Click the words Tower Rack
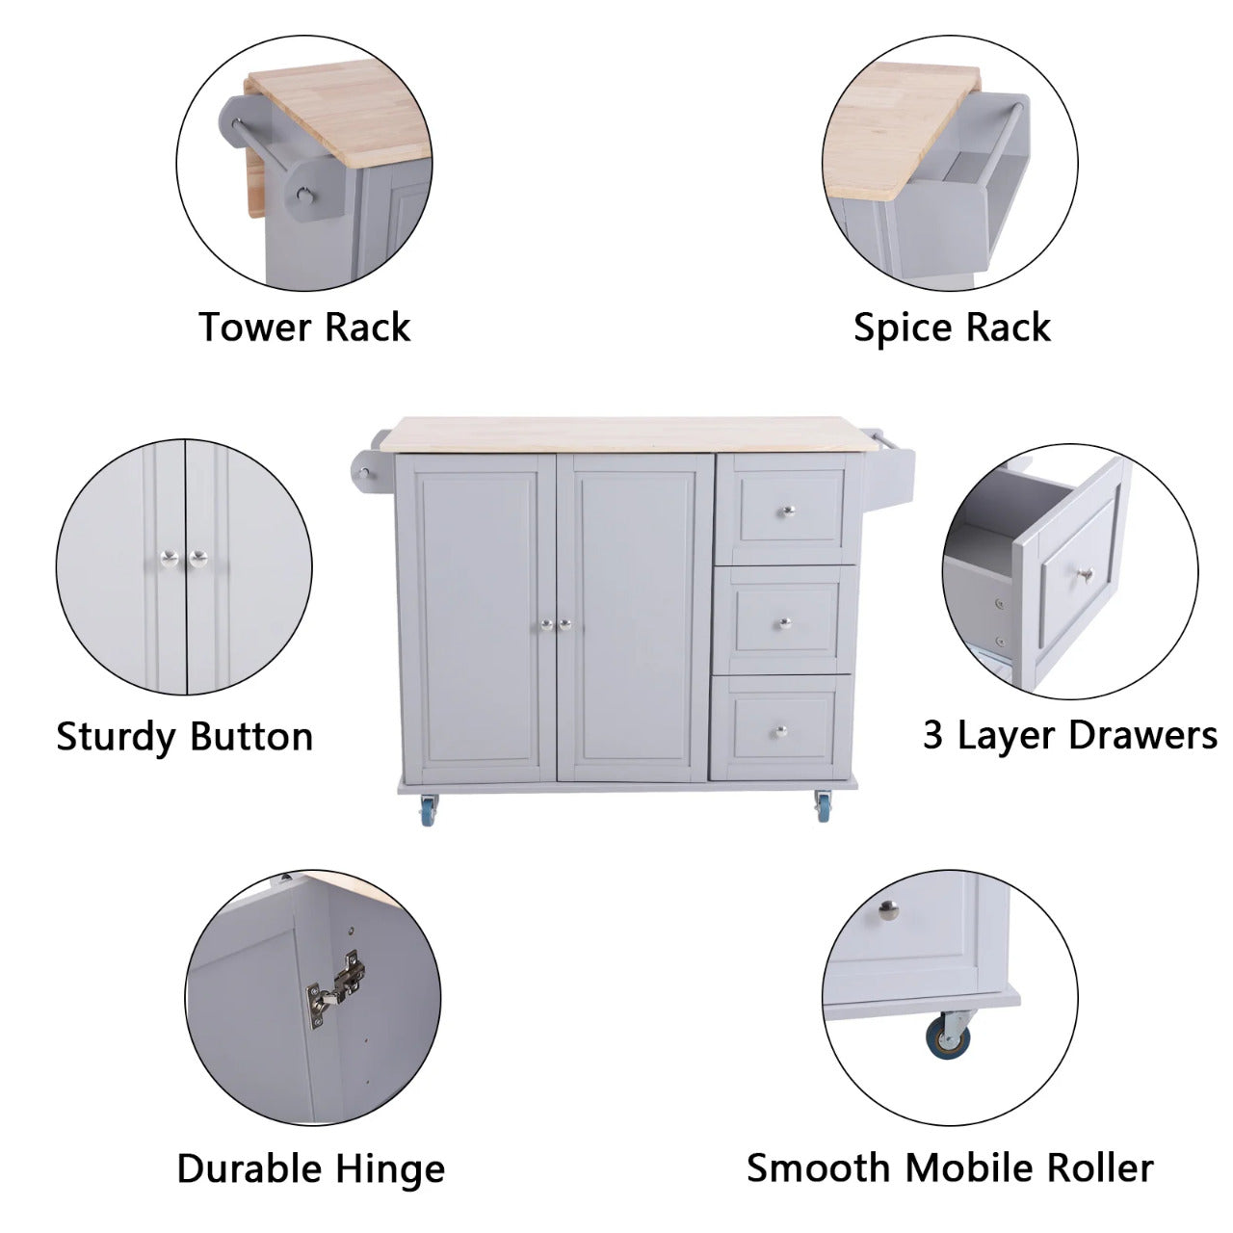(304, 328)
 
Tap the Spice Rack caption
(952, 328)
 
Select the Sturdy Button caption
(185, 737)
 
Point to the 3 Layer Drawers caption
(1070, 735)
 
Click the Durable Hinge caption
(311, 1169)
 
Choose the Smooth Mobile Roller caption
(950, 1167)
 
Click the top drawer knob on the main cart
(789, 511)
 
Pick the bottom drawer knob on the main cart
(780, 731)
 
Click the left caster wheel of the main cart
(430, 810)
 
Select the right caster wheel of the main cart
(824, 807)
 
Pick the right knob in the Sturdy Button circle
(197, 558)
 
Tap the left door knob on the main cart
(546, 624)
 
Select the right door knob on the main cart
(565, 624)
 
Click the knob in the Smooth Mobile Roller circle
(888, 909)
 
